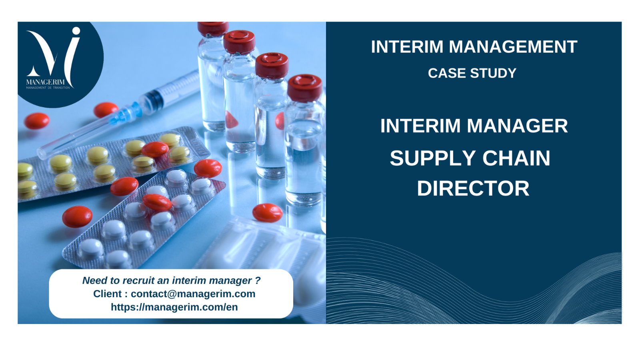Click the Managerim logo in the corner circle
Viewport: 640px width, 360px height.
(53, 58)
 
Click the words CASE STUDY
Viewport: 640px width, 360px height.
(472, 73)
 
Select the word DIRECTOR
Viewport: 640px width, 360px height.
(473, 188)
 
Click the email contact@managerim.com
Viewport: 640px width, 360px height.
(193, 294)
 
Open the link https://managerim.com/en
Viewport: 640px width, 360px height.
(174, 307)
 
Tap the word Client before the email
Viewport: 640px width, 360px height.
(108, 294)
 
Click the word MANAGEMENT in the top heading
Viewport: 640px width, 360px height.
(513, 46)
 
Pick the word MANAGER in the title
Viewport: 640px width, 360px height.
(517, 126)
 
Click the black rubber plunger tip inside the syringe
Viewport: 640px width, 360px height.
(156, 98)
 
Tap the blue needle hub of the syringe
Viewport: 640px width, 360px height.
(126, 114)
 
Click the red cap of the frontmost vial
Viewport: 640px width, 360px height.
(304, 88)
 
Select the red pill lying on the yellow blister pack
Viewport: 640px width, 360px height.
(155, 149)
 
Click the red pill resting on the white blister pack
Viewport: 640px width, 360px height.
(157, 202)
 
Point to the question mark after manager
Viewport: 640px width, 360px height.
(258, 280)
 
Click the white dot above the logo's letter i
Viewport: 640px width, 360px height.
(76, 31)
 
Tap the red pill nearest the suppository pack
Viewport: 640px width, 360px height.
(268, 212)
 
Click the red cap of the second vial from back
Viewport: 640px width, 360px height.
(239, 42)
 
